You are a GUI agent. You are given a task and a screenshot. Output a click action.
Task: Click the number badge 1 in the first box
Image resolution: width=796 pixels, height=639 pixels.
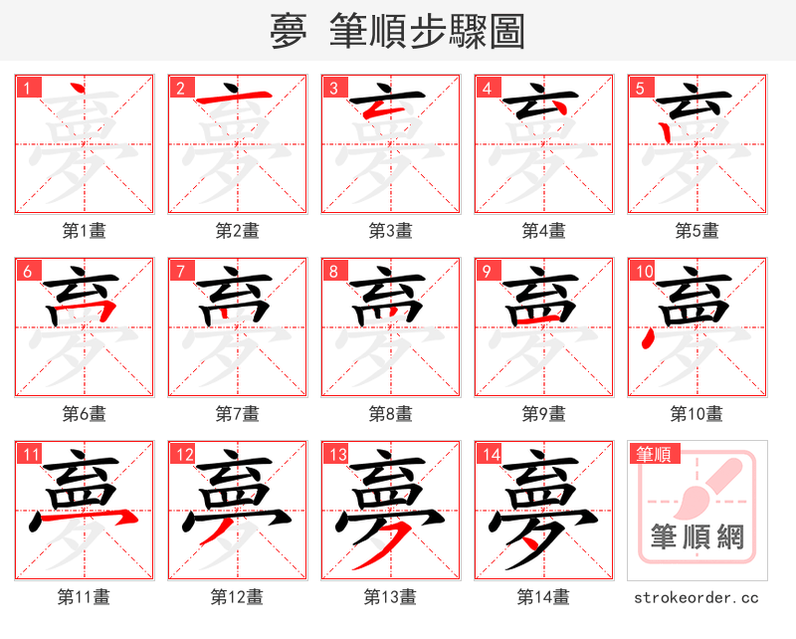[27, 88]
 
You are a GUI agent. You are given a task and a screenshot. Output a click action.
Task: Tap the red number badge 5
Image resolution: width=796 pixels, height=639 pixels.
[640, 88]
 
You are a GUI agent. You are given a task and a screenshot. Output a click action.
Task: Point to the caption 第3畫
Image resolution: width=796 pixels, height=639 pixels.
[390, 231]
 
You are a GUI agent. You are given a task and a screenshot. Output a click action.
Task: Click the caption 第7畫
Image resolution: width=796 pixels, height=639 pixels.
[237, 414]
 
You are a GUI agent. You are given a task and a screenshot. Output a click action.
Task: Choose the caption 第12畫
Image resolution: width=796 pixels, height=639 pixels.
[237, 597]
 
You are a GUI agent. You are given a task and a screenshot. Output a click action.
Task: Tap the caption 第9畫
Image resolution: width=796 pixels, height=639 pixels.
[543, 414]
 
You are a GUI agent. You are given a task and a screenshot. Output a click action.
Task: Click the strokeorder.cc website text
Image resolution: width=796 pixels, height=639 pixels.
[696, 597]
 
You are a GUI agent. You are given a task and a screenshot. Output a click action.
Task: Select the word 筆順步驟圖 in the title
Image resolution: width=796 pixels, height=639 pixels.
[428, 32]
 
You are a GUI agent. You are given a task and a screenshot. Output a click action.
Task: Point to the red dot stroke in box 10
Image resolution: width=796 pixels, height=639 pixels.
[649, 341]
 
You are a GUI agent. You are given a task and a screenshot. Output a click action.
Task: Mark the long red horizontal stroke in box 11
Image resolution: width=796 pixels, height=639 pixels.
[99, 518]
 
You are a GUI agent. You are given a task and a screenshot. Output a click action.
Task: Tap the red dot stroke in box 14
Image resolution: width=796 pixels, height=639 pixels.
[538, 542]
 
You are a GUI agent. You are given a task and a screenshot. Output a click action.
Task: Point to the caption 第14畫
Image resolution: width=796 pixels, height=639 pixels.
[543, 597]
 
